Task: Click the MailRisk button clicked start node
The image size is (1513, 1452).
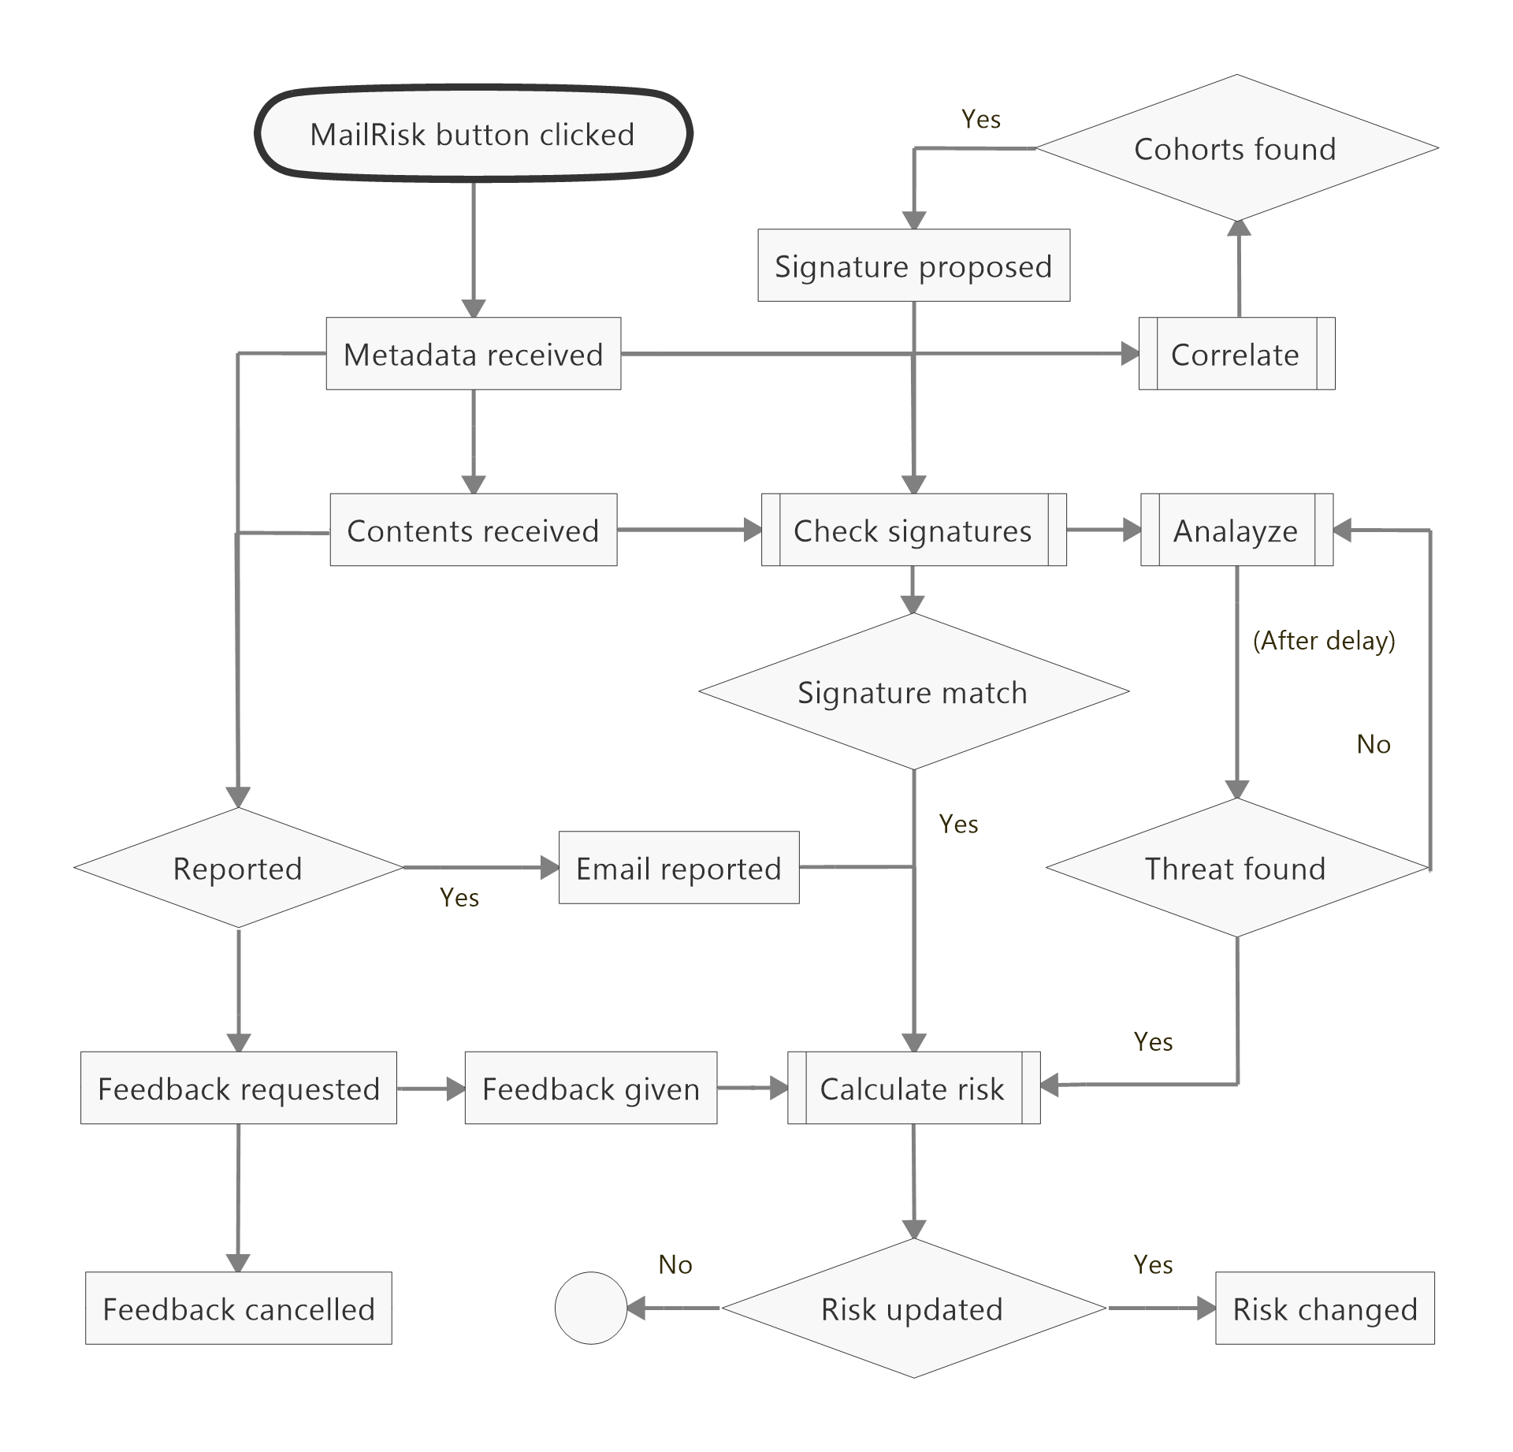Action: [473, 134]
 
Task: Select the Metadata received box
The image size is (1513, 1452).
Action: [473, 354]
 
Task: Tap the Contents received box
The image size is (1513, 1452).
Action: [473, 530]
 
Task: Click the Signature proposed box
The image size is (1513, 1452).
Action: [913, 266]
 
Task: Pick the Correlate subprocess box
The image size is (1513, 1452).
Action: [1236, 354]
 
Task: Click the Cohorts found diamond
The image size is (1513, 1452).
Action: [1236, 149]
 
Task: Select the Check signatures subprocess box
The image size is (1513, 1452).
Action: [913, 530]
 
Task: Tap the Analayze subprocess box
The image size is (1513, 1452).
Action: [1236, 530]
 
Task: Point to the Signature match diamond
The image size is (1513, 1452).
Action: [913, 692]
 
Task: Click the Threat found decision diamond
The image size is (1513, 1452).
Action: [1236, 868]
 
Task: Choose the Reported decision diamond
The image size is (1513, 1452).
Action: [238, 868]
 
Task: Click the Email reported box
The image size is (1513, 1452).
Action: [678, 868]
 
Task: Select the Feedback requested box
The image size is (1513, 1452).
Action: [238, 1088]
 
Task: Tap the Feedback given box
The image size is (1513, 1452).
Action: [591, 1088]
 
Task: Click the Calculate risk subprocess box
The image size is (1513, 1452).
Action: [913, 1088]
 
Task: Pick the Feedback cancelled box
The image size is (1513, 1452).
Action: [238, 1309]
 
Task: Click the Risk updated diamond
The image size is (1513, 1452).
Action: [913, 1309]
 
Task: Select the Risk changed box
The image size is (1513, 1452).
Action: [1325, 1309]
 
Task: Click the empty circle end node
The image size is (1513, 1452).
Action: [591, 1309]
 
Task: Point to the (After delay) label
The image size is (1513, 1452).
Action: [1324, 640]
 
